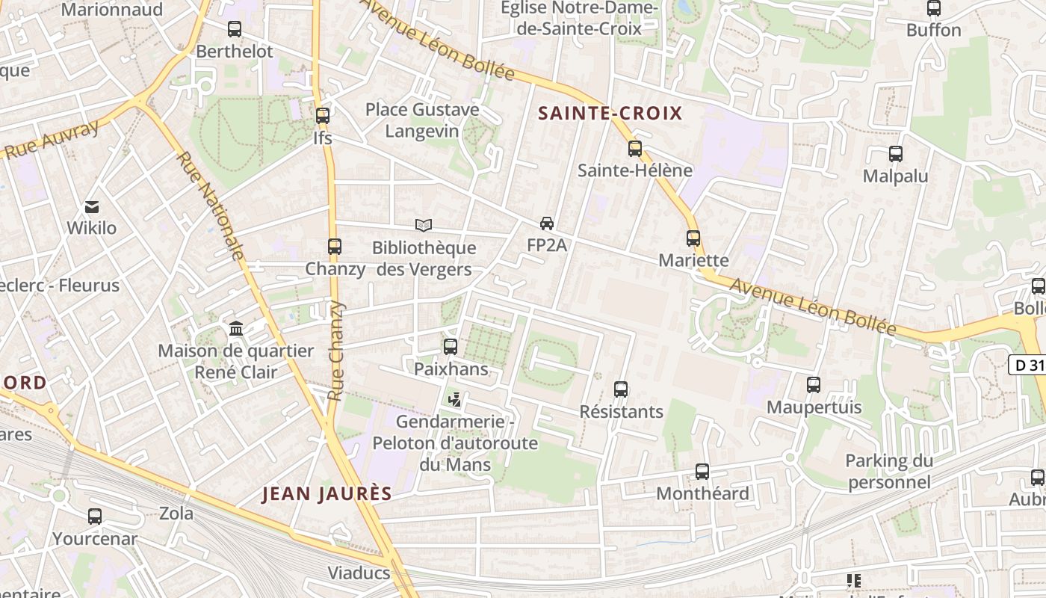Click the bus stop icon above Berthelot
[235, 29]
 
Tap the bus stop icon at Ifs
[323, 116]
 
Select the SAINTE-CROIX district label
[610, 114]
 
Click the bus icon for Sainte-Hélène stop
[635, 148]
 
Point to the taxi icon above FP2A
[547, 224]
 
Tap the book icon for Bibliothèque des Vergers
[424, 225]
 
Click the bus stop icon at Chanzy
[335, 246]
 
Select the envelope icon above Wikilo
[92, 206]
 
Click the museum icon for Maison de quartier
[236, 328]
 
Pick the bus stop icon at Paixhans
[451, 346]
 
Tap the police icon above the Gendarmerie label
[454, 400]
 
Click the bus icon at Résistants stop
[621, 389]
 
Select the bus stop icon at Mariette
[693, 238]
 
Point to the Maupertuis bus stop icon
[814, 385]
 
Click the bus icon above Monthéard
[702, 471]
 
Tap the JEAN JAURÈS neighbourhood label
[327, 494]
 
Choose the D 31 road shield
[1027, 365]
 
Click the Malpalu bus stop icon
[896, 154]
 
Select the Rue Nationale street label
[211, 206]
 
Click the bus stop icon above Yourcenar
[95, 516]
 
